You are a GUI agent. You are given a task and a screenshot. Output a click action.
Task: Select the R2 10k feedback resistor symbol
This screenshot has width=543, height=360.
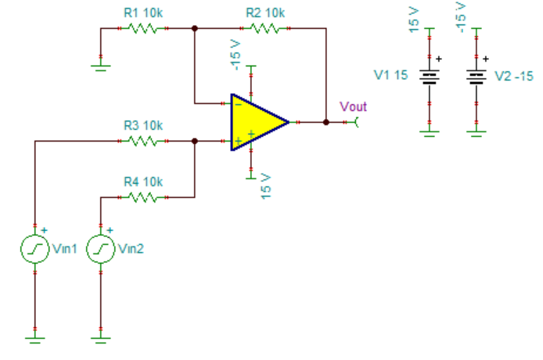click(x=264, y=28)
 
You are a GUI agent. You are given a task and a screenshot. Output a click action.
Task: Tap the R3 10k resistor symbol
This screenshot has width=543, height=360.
click(x=143, y=142)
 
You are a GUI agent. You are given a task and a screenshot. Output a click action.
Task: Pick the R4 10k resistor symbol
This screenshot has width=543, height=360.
click(x=143, y=197)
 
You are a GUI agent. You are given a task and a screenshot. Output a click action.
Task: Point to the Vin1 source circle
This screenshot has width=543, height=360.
click(x=35, y=249)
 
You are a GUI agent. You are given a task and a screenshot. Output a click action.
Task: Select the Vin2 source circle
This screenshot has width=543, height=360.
click(x=101, y=249)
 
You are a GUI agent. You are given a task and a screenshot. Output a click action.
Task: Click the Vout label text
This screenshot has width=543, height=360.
click(x=353, y=106)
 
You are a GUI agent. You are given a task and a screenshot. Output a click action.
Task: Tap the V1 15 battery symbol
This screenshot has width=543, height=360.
click(x=429, y=76)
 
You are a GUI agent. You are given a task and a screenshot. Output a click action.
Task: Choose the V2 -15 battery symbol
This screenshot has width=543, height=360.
click(x=476, y=76)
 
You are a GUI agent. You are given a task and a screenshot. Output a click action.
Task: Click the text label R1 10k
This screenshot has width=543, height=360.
click(x=143, y=13)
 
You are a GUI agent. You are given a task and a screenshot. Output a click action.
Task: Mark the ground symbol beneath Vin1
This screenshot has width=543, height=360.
click(x=35, y=338)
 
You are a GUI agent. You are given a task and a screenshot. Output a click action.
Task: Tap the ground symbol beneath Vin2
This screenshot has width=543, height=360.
click(x=101, y=338)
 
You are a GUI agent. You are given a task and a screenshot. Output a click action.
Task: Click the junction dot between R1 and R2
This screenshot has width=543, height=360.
click(x=194, y=28)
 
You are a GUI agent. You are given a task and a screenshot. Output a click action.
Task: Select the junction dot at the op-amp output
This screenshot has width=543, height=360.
click(x=326, y=122)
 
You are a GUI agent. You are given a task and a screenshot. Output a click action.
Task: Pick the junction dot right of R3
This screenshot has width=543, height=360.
click(x=194, y=142)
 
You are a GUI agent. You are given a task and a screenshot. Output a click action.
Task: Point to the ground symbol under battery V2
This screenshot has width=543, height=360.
click(x=476, y=131)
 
